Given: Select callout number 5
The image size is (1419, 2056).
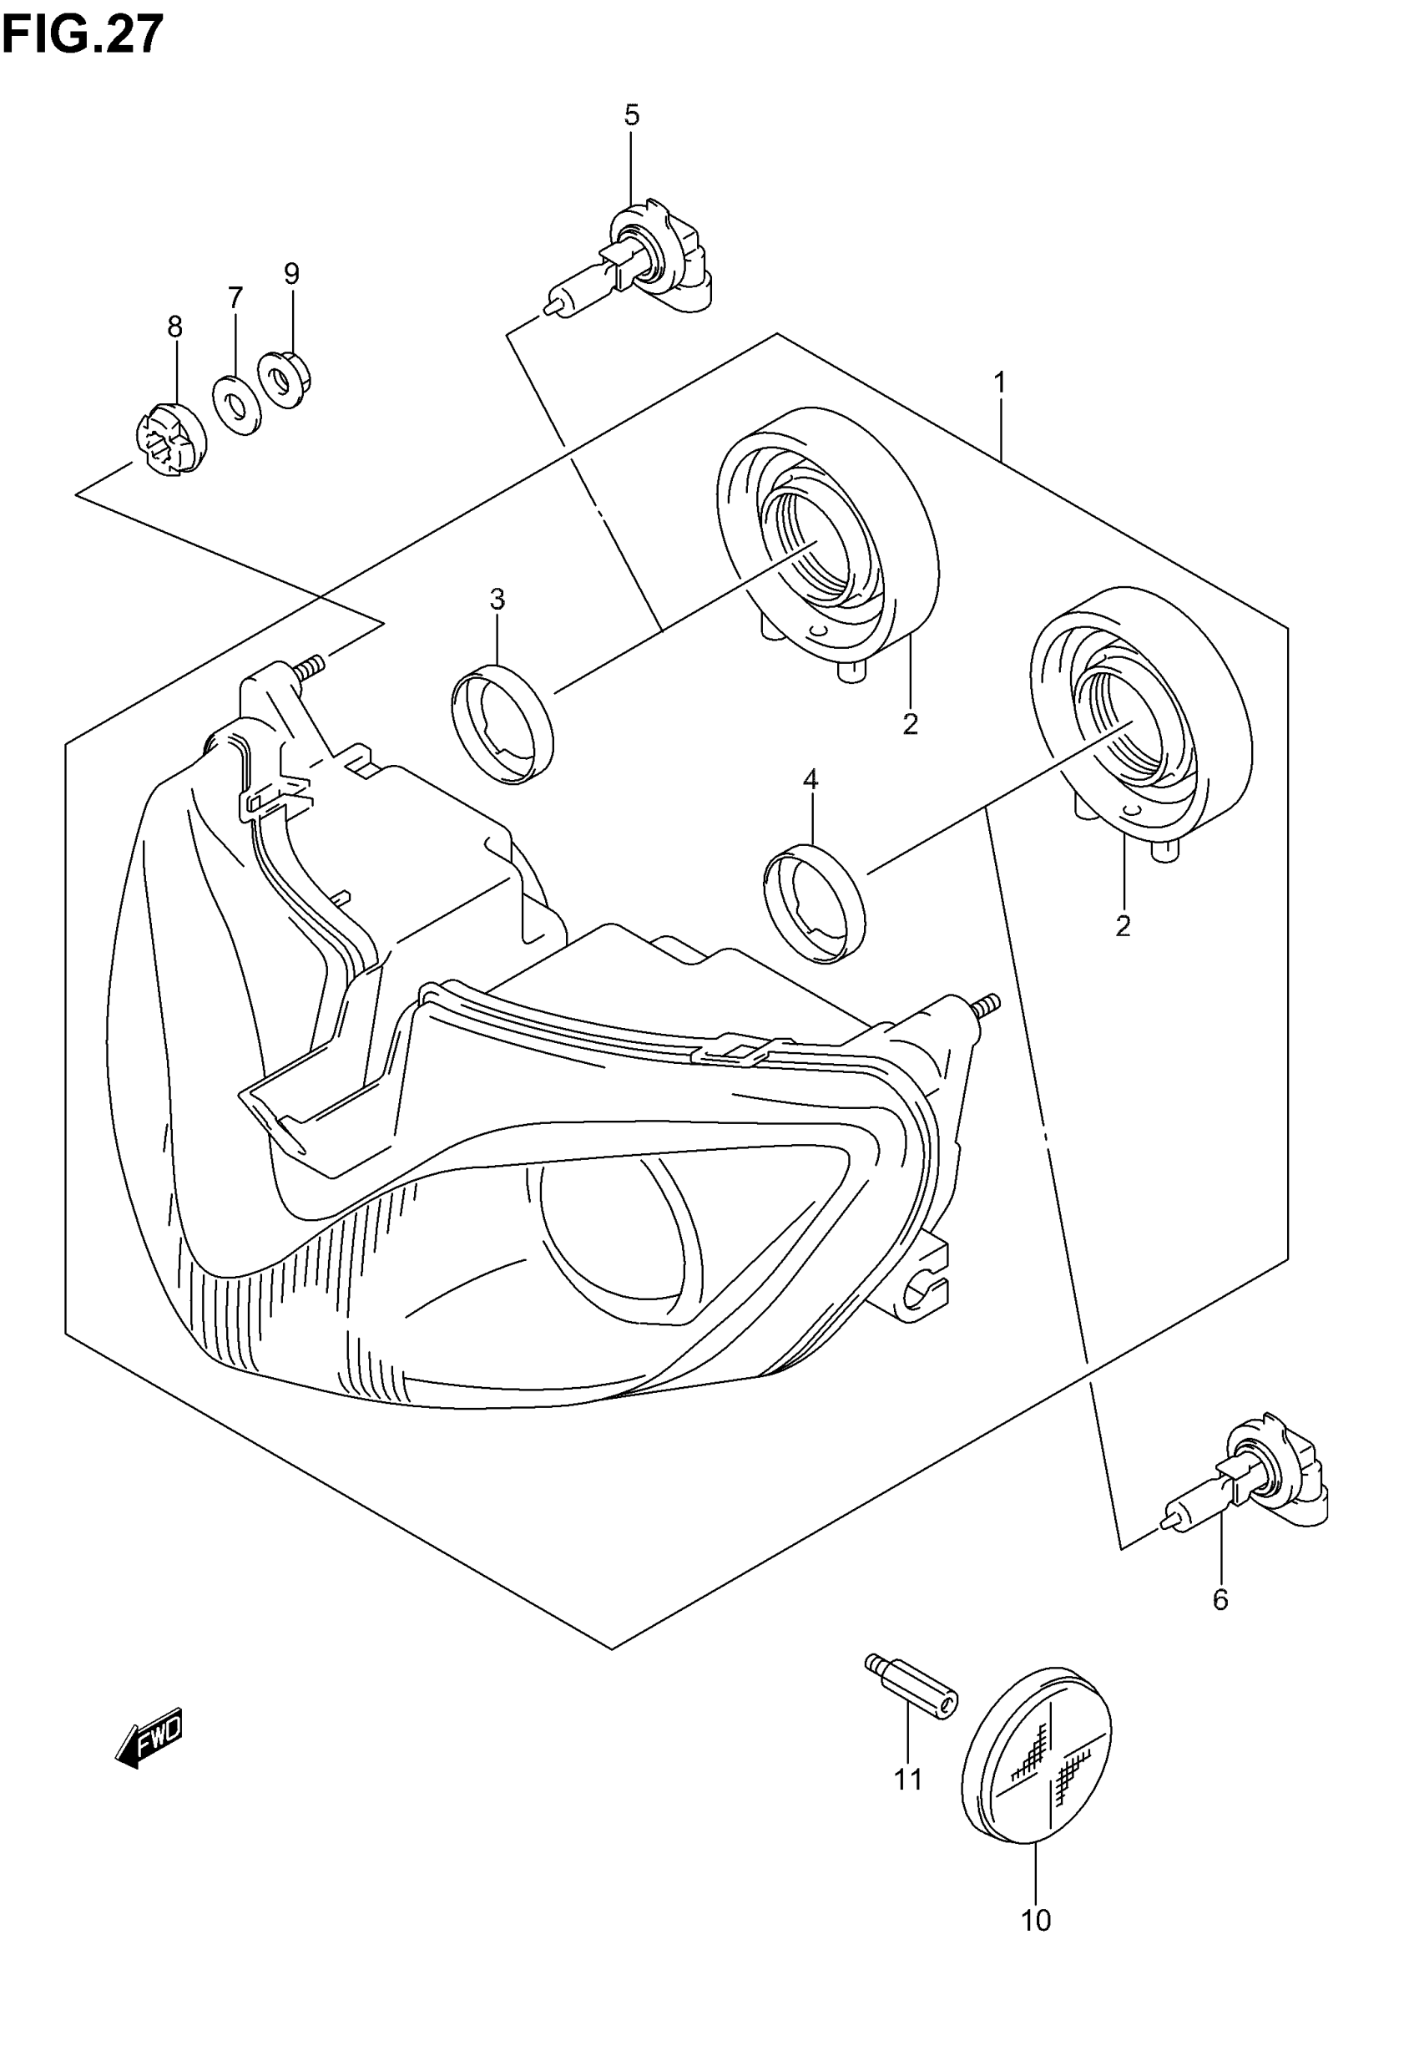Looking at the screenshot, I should click(x=631, y=114).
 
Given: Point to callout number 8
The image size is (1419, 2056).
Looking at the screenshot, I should click(x=175, y=327).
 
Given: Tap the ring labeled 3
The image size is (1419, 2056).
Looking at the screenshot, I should click(x=502, y=724).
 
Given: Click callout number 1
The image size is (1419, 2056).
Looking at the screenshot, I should click(x=1000, y=383).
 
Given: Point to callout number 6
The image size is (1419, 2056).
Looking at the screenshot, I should click(x=1220, y=1600).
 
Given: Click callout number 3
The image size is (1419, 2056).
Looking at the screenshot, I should click(x=497, y=600).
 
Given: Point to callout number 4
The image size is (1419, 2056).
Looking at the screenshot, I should click(x=810, y=780).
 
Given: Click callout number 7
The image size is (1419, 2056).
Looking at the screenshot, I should click(x=235, y=297).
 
